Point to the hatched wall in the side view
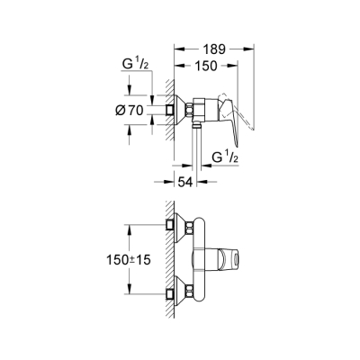pyautogui.click(x=166, y=110)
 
